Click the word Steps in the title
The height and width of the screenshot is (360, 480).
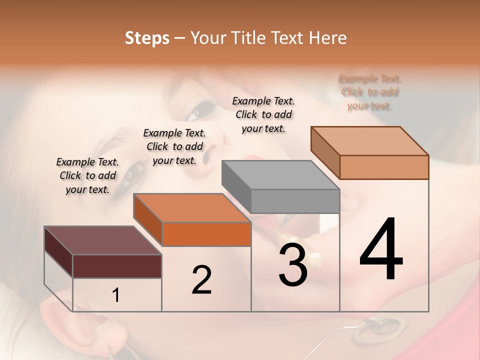point(147,38)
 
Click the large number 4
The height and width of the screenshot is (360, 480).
point(381,250)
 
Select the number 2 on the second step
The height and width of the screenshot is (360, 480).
point(201,280)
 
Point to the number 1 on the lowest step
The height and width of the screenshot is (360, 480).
point(116,295)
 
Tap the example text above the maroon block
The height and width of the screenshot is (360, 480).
point(87,176)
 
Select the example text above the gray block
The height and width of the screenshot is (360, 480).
point(263,114)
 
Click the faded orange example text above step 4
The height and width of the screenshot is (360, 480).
point(370,92)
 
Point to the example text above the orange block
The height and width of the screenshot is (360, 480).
point(174,146)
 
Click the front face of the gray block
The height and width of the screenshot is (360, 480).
point(295,201)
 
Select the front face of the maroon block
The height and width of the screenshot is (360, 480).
point(117,266)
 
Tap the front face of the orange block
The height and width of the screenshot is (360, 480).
point(206,234)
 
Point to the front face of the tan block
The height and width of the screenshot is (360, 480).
point(384,167)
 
